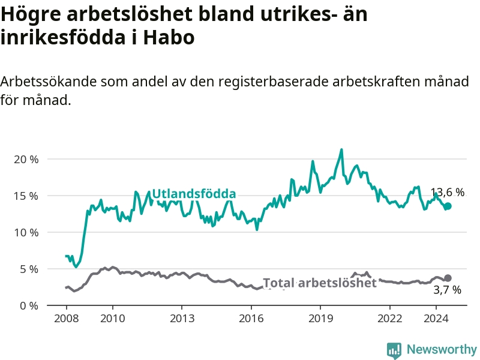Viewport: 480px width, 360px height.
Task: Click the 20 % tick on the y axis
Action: click(x=26, y=160)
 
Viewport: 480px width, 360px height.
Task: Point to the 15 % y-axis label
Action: click(x=26, y=196)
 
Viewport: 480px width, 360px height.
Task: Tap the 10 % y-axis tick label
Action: click(x=26, y=233)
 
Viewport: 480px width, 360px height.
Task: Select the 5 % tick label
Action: click(x=29, y=269)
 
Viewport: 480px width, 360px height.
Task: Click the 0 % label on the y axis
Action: click(x=29, y=305)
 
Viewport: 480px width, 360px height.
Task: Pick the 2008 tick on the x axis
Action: click(x=65, y=318)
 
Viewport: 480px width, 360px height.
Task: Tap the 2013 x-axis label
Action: click(x=181, y=318)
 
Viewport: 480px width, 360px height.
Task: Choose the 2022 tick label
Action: click(x=389, y=318)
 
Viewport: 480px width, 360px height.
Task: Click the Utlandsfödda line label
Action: click(x=194, y=194)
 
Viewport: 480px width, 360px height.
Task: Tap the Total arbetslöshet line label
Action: click(x=320, y=283)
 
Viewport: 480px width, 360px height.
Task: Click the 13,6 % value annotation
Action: click(x=448, y=193)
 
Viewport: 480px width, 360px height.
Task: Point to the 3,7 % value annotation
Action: click(x=447, y=290)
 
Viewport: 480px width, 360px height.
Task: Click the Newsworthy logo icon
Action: click(x=394, y=350)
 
